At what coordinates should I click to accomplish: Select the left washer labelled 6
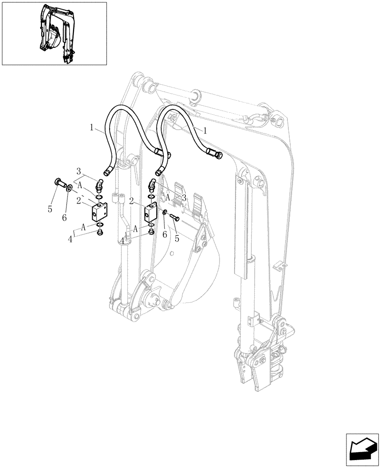point(69,189)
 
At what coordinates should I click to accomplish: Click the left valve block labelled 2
point(99,212)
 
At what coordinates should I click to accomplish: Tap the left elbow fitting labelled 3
point(99,186)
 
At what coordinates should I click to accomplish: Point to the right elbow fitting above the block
point(153,185)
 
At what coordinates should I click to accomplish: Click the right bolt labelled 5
point(175,217)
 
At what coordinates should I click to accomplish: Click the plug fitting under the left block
point(99,232)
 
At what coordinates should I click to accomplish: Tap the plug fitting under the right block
point(151,232)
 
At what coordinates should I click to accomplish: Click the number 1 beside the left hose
point(93,126)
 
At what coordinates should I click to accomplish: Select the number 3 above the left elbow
point(79,171)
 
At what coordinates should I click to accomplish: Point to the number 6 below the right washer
point(164,235)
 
